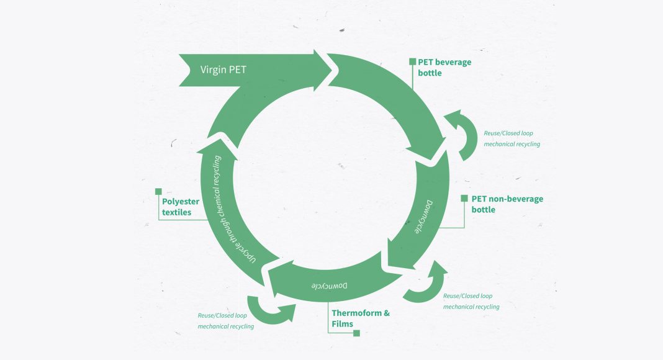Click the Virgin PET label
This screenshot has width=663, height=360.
tap(223, 70)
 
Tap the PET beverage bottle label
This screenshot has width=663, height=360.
tap(444, 67)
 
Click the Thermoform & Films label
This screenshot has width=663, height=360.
tap(360, 318)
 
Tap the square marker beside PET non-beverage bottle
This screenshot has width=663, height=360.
tap(464, 199)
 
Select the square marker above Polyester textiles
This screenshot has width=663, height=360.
tap(158, 192)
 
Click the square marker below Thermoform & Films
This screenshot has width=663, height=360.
tap(356, 333)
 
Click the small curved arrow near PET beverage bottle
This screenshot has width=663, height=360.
tap(463, 133)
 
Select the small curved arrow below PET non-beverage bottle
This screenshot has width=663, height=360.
tap(426, 283)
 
